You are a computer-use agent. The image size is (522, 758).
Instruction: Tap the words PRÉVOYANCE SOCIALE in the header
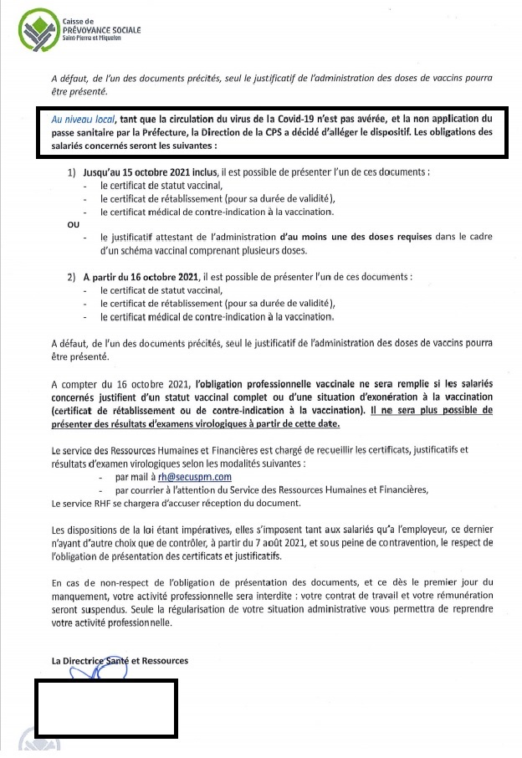[x=101, y=30]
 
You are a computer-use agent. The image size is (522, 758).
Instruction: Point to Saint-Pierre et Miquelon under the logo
[x=98, y=39]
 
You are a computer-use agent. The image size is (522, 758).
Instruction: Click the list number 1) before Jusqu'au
[x=73, y=172]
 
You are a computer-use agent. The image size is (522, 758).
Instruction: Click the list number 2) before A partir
[x=73, y=276]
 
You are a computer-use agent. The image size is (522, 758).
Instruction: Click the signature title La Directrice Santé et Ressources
[x=120, y=661]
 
